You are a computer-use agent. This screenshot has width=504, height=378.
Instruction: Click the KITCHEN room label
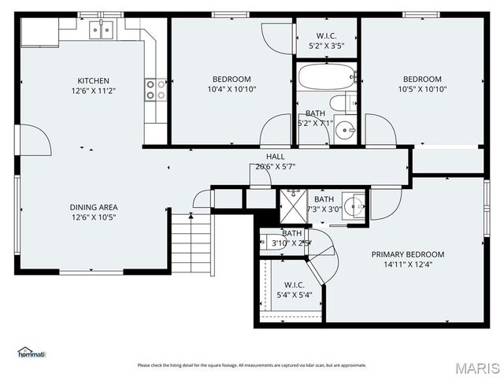tap(93, 80)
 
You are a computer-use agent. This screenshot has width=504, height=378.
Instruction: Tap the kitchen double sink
tap(101, 30)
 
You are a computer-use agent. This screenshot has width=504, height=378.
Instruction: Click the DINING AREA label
tap(94, 207)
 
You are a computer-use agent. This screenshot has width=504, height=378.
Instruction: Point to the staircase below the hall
tap(191, 243)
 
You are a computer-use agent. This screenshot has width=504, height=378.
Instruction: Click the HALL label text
tap(275, 156)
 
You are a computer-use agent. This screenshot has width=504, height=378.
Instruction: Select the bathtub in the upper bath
tap(325, 79)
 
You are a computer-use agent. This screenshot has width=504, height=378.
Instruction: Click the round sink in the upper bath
tap(345, 132)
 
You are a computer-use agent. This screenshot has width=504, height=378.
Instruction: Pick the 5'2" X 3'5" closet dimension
tap(327, 45)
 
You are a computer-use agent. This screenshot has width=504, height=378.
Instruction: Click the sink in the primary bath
tap(355, 207)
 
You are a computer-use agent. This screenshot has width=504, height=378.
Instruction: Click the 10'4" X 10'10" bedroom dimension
tap(232, 89)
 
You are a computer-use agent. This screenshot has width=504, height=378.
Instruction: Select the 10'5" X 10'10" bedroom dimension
tap(422, 89)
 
